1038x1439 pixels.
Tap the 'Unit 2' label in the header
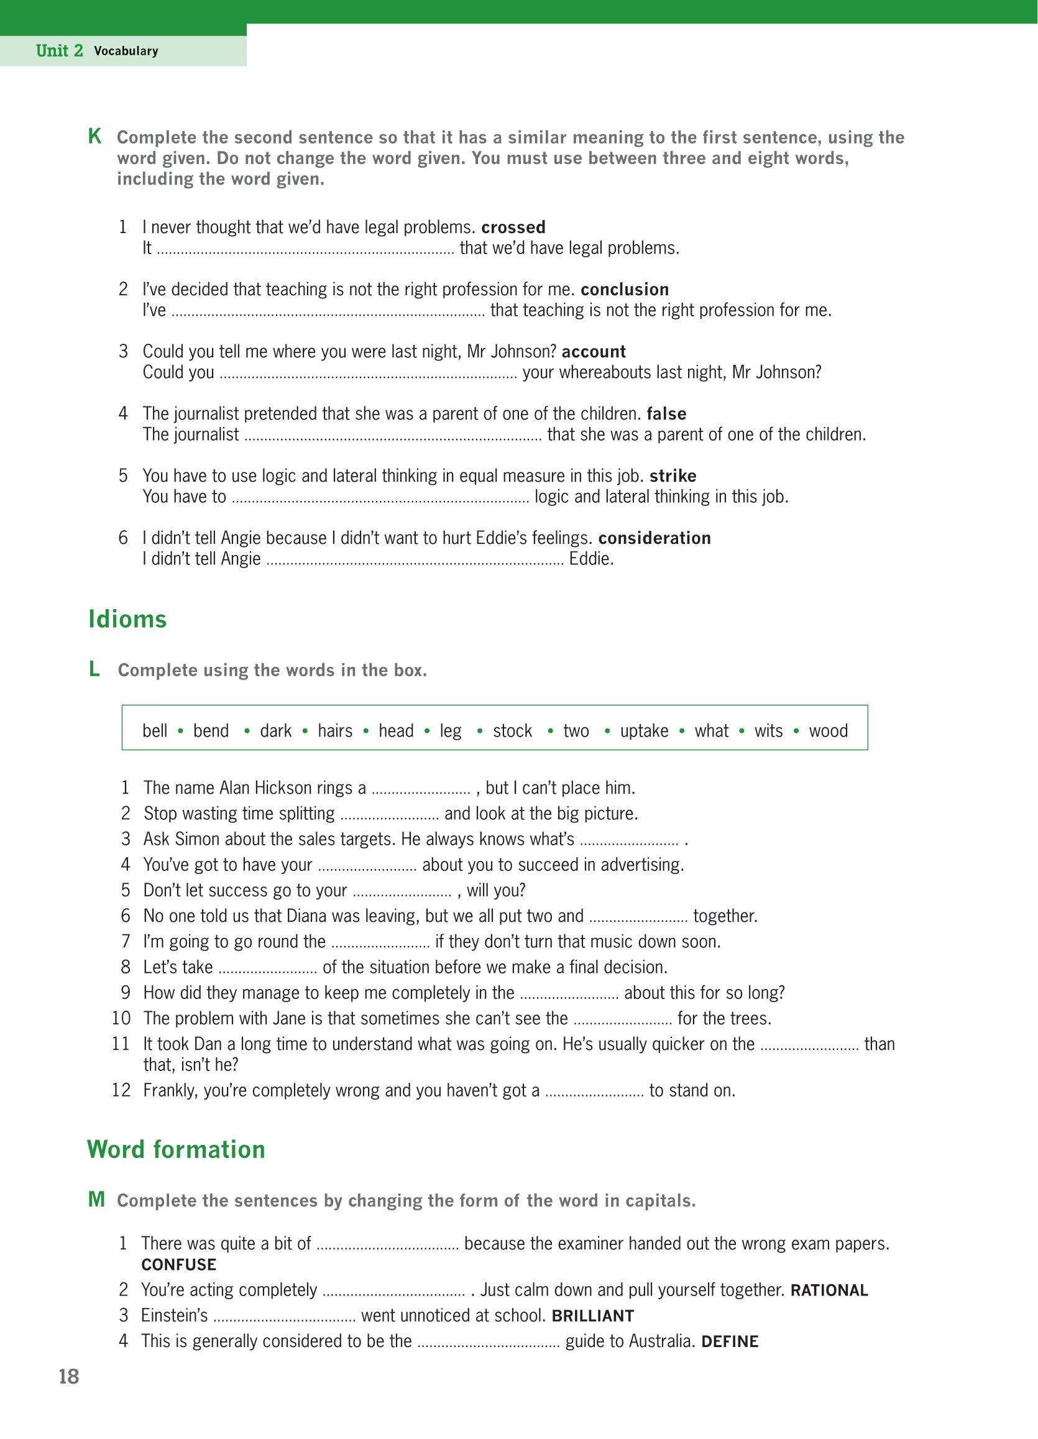pos(60,52)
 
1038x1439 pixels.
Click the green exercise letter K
pos(94,136)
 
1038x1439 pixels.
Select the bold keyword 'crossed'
pos(513,227)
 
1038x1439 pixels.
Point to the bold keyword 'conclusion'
pos(624,289)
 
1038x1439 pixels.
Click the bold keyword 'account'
pos(594,351)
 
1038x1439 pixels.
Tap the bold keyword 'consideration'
pos(654,538)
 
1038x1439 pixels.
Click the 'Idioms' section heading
pos(127,619)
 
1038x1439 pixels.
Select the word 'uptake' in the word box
pos(644,731)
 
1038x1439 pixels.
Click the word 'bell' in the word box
pos(155,731)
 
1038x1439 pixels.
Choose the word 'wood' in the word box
pos(828,731)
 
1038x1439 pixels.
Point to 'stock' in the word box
pos(512,731)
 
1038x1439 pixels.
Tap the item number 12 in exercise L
pos(121,1090)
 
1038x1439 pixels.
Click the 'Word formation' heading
pos(176,1150)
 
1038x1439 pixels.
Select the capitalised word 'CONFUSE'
pos(178,1264)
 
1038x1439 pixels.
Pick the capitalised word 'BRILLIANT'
pos(592,1316)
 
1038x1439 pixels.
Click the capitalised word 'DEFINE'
pos(730,1341)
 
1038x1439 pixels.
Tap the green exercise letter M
pos(96,1200)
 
